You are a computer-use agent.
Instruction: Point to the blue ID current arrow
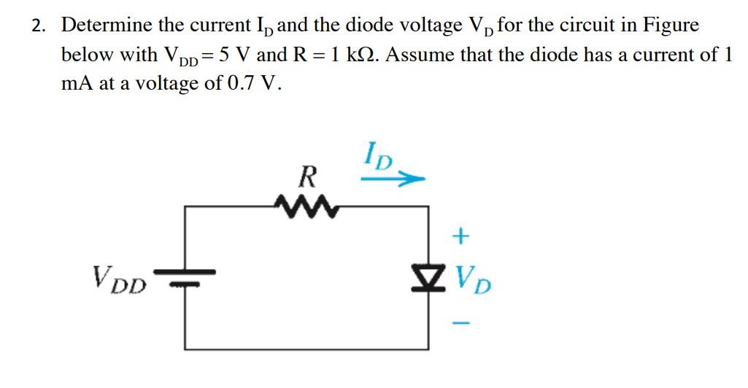point(395,177)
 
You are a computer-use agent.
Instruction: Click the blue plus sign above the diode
point(460,236)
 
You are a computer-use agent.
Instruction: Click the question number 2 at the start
point(37,26)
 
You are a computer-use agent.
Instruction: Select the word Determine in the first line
point(106,26)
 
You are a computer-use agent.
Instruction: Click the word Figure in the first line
point(670,26)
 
